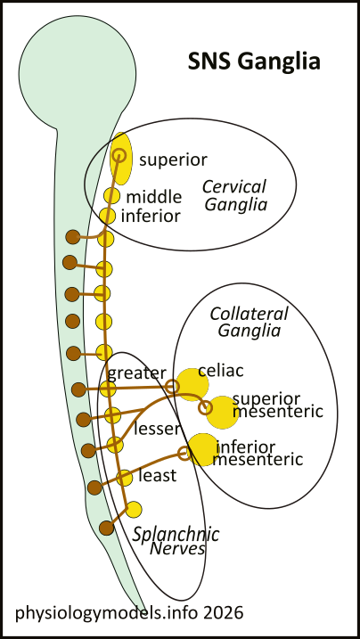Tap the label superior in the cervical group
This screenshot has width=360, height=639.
(173, 160)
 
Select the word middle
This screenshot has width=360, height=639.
(153, 197)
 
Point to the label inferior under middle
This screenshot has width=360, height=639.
(151, 216)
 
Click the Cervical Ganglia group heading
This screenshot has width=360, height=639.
(234, 195)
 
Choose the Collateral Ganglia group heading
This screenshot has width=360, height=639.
(249, 322)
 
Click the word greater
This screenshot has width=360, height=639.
(137, 373)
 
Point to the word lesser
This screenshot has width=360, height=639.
(158, 429)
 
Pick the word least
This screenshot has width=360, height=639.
(158, 475)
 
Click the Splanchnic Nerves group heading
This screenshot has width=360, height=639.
(169, 541)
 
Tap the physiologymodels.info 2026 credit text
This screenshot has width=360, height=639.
(128, 613)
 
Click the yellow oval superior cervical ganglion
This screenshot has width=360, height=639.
(120, 155)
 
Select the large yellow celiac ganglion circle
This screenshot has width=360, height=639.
(192, 381)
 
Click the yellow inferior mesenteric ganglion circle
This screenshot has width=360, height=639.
(201, 448)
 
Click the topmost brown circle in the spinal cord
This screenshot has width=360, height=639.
(73, 238)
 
